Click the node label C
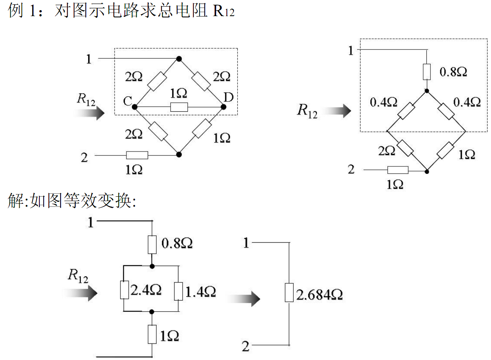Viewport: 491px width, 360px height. pyautogui.click(x=127, y=102)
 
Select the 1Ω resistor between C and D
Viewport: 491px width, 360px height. pyautogui.click(x=179, y=107)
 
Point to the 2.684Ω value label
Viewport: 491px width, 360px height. pyautogui.click(x=319, y=295)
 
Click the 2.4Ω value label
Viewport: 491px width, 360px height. pyautogui.click(x=146, y=290)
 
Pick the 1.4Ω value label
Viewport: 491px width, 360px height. pyautogui.click(x=200, y=292)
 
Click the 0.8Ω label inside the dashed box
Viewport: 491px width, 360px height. pyautogui.click(x=453, y=72)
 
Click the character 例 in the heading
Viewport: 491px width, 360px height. pyautogui.click(x=15, y=11)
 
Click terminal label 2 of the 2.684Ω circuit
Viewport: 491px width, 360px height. pyautogui.click(x=246, y=347)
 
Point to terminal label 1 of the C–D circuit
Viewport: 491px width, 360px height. pyautogui.click(x=89, y=59)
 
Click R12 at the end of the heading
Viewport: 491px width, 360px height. pyautogui.click(x=224, y=11)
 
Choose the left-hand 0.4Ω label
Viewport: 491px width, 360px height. pyautogui.click(x=383, y=102)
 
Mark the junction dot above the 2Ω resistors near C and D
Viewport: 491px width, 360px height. pyautogui.click(x=179, y=59)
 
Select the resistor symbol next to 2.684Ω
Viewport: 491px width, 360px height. pyautogui.click(x=289, y=293)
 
